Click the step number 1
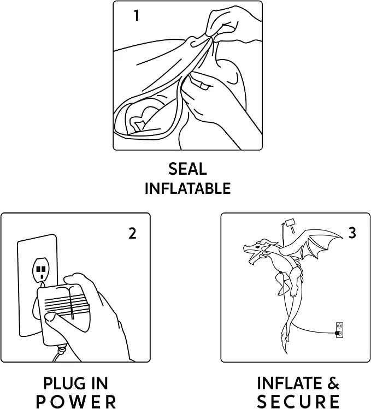coord(137,15)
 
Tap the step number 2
coord(132,234)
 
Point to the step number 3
coord(352,233)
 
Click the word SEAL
coord(187,169)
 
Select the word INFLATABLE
coord(188,188)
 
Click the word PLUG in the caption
coord(61,384)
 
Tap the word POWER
coord(76,402)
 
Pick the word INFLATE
coord(288,383)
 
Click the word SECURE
coord(298,402)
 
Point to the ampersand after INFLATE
coord(332,383)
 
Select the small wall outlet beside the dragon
coord(339,330)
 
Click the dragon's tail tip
coord(286,352)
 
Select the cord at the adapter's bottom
coord(60,353)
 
